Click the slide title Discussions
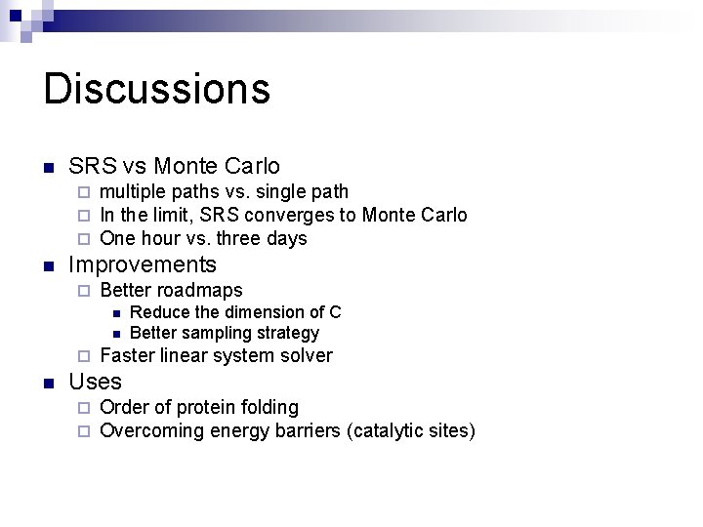156,88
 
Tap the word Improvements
143,264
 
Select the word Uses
96,382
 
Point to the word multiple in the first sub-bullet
132,191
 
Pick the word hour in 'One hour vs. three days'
157,238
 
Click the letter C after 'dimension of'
335,312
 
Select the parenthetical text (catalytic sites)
411,430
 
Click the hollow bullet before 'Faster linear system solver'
83,356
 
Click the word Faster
127,355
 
